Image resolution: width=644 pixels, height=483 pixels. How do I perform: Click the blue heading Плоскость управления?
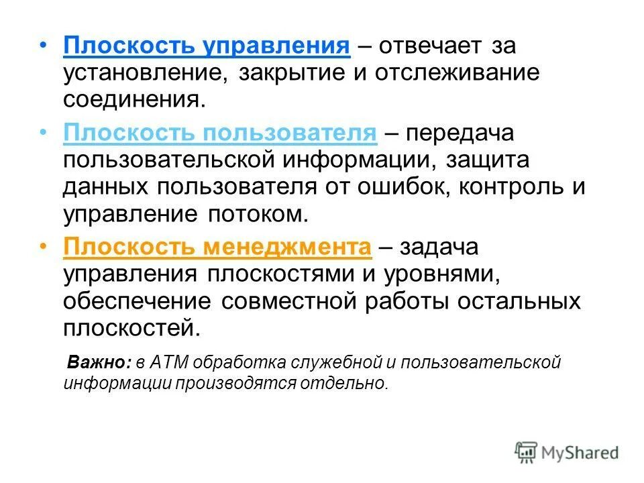coord(207,46)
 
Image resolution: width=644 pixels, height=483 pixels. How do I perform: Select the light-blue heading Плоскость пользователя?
coord(220,132)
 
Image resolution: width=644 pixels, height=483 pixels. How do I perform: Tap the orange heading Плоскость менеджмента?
coord(217,248)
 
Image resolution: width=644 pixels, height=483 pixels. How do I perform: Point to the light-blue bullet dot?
coord(43,132)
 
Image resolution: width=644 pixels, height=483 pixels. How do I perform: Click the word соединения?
coord(131,100)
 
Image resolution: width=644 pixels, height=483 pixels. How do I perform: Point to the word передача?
coord(458,132)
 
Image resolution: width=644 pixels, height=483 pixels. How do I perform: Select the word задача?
coord(439,248)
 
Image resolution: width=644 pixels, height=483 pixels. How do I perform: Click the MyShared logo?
coord(567,452)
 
